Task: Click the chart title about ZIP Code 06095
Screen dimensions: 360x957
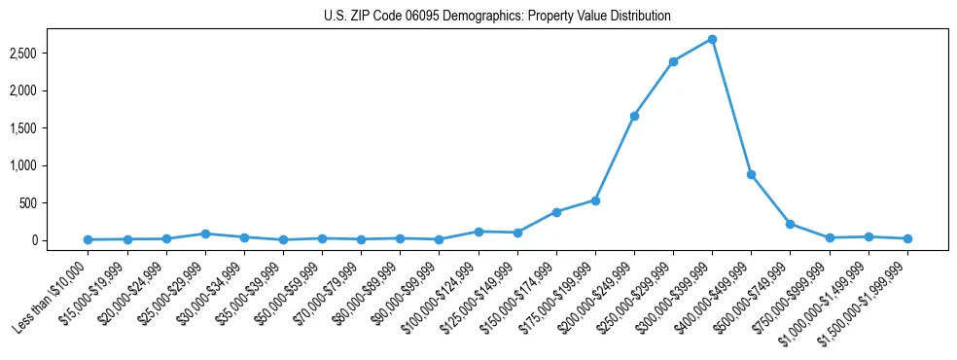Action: tap(497, 17)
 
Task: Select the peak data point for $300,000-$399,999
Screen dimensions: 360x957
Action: tap(712, 39)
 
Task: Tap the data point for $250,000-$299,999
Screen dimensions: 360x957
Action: tap(673, 61)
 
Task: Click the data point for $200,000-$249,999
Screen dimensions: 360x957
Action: tap(634, 116)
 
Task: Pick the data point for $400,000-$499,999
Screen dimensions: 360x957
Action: tap(751, 174)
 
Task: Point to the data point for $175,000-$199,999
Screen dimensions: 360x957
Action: tap(595, 200)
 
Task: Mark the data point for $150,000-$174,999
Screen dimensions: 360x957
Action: tap(556, 212)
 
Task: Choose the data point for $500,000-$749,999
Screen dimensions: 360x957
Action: tap(790, 224)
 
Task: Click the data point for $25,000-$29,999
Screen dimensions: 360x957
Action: tap(205, 234)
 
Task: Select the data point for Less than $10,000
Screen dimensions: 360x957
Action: tap(89, 239)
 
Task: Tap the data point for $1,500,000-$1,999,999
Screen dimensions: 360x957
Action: tap(907, 238)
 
